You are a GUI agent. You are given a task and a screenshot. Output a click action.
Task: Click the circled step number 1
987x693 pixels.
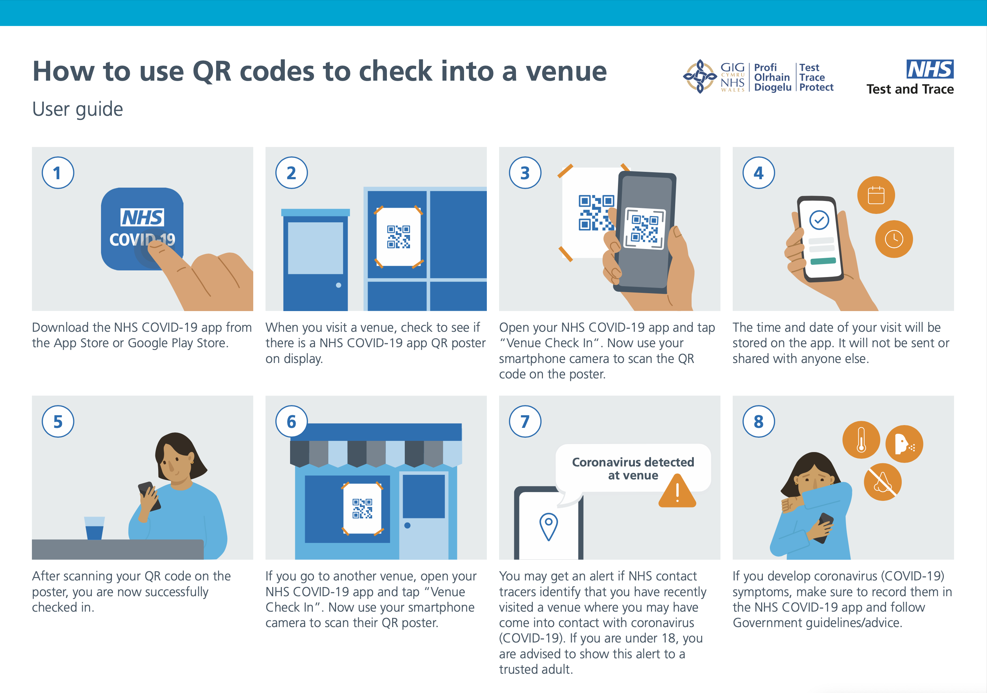[x=58, y=173]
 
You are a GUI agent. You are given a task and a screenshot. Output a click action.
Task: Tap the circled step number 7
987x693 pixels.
[x=525, y=421]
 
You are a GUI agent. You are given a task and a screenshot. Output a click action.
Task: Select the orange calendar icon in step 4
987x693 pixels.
[x=876, y=195]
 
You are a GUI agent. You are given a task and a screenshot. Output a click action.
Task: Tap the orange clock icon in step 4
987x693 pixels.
[x=894, y=239]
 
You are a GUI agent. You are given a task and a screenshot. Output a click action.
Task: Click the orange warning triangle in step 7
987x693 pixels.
[x=677, y=491]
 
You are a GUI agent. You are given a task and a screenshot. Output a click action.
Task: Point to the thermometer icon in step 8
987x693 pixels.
[x=861, y=440]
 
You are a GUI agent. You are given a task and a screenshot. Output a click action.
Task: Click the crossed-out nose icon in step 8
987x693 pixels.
[x=882, y=482]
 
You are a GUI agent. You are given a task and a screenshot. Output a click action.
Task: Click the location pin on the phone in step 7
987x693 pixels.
[x=549, y=526]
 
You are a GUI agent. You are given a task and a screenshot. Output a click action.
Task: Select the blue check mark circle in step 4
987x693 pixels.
[x=819, y=220]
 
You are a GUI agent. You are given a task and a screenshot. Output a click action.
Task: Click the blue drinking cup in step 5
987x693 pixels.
[x=95, y=528]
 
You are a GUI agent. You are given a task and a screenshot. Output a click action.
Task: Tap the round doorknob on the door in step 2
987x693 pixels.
[x=338, y=285]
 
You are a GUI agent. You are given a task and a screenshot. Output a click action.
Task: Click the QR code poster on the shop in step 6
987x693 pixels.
[x=362, y=509]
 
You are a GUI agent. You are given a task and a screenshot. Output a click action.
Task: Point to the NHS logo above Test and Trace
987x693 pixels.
[x=930, y=69]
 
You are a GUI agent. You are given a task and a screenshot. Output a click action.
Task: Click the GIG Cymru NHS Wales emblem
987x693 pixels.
[x=700, y=76]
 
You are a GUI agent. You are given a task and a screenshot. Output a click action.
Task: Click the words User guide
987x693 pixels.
[x=78, y=109]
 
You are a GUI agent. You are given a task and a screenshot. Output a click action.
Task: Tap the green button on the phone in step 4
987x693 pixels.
[x=823, y=261]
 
